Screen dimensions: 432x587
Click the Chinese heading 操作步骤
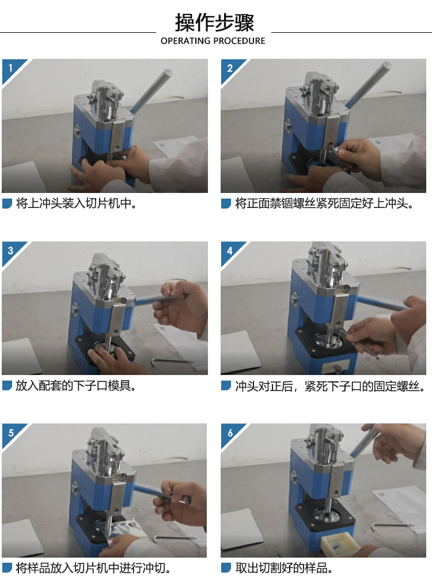tap(214, 22)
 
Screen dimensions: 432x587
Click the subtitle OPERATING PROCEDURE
tap(213, 41)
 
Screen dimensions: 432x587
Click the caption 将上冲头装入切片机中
tap(77, 203)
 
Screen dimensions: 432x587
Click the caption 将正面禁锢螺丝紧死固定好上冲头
tap(324, 203)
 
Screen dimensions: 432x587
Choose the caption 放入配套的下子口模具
tap(76, 385)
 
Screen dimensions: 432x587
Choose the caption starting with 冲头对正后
tap(331, 386)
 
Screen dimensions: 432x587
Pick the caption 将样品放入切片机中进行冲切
tap(93, 568)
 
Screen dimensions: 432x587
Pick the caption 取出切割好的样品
tap(284, 568)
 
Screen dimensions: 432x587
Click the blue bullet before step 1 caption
tap(7, 203)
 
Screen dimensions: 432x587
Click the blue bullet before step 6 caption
tap(226, 568)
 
